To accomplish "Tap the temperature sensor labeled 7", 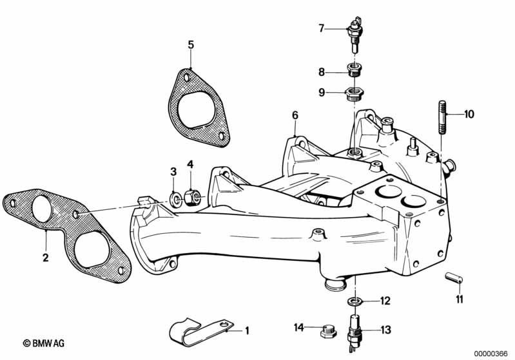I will coord(353,32).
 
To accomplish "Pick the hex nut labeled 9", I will coord(353,94).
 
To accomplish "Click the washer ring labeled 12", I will coord(355,301).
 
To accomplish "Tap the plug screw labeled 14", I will coord(326,332).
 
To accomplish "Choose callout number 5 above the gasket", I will coord(190,44).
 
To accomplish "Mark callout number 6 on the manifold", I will coord(295,115).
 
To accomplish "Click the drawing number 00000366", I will coord(492,353).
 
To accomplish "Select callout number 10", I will coord(468,115).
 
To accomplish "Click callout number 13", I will coord(385,330).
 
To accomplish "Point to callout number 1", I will coord(246,331).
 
